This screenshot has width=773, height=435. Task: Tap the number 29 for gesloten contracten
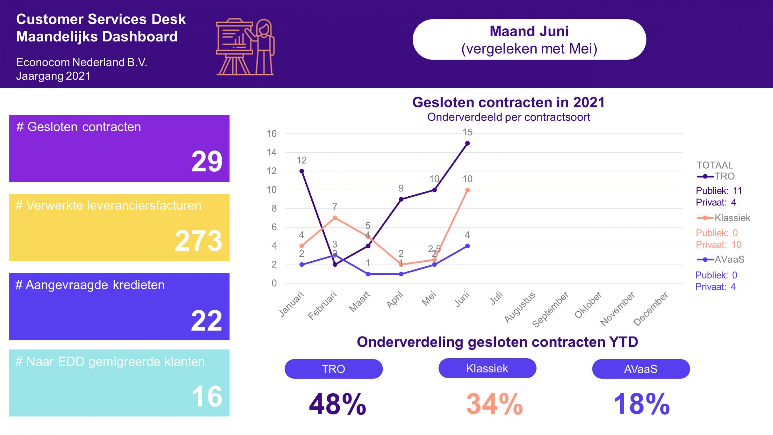pos(207,162)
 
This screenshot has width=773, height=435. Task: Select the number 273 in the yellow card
pos(199,241)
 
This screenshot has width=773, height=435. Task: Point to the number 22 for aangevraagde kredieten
pos(207,321)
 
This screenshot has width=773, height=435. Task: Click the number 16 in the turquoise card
pos(207,396)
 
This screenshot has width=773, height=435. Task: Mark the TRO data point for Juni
pos(467,143)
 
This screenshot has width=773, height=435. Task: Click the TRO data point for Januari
pos(302,171)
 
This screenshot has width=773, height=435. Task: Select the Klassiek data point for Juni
pos(467,190)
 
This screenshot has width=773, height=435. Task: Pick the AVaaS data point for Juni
pos(467,246)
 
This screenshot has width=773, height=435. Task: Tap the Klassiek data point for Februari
pos(335,218)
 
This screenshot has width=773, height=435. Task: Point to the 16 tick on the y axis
pos(271,134)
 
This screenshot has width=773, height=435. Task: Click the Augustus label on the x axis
pos(520,307)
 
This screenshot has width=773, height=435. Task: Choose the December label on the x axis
pos(651,308)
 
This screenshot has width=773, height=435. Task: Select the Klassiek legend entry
pos(723,218)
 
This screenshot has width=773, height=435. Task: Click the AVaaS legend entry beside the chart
pos(720,259)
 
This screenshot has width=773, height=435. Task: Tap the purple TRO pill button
pos(334,369)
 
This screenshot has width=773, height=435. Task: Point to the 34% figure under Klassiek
pos(495,404)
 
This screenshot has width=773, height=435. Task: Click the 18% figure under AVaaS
pos(642,404)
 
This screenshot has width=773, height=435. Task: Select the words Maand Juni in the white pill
pos(529,31)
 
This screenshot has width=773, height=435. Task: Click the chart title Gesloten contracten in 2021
pos(508,102)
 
